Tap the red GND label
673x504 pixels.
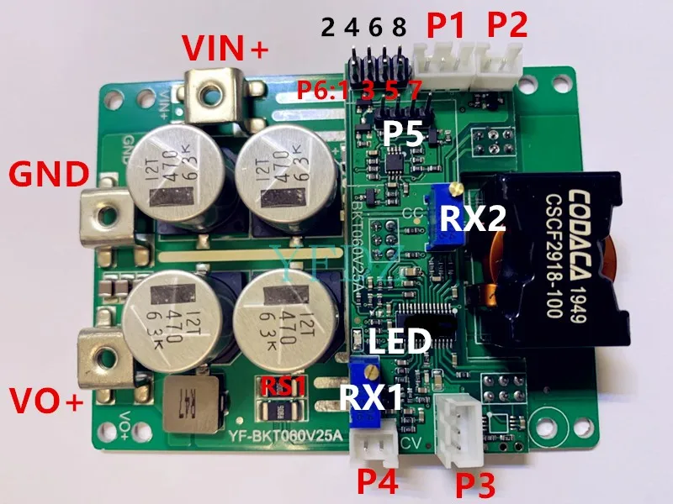pyautogui.click(x=48, y=176)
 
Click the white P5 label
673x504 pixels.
pyautogui.click(x=405, y=134)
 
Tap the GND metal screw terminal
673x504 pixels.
pyautogui.click(x=105, y=213)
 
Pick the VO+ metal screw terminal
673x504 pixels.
pyautogui.click(x=104, y=353)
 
